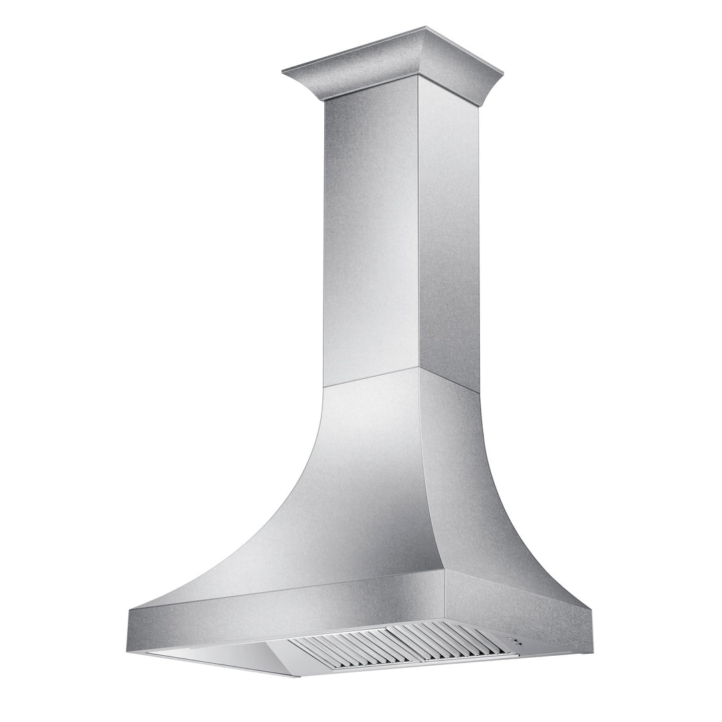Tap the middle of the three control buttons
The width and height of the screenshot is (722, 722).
point(515,640)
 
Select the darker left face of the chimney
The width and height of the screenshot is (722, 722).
point(371,234)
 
